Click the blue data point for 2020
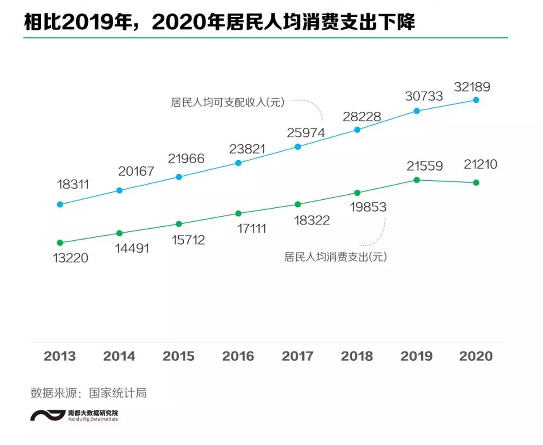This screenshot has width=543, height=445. click(476, 100)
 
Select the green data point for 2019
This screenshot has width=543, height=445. click(417, 180)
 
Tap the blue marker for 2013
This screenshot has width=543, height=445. click(60, 205)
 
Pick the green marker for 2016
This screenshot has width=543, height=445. click(238, 214)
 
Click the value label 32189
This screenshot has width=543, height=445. click(472, 87)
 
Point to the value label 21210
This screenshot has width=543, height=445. click(480, 164)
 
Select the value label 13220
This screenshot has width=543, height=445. click(70, 258)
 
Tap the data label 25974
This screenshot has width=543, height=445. click(306, 133)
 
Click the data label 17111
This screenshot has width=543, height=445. click(252, 229)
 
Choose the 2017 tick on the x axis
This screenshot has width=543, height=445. click(297, 356)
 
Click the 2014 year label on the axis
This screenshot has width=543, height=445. click(119, 356)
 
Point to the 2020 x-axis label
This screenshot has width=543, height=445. click(476, 356)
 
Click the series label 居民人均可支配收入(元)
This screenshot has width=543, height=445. click(228, 102)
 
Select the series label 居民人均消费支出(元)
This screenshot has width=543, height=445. click(335, 257)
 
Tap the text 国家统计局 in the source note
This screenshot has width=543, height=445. click(118, 393)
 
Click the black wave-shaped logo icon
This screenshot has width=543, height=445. click(48, 415)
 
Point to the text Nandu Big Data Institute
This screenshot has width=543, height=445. click(93, 419)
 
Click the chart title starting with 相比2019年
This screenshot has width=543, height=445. click(219, 22)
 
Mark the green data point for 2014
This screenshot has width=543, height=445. click(119, 233)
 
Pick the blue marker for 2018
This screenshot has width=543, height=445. click(357, 130)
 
